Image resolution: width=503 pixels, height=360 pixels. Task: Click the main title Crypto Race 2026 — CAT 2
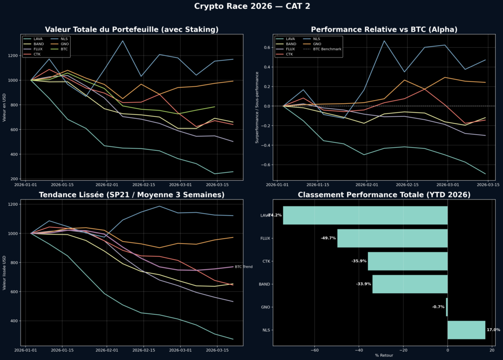[251, 6]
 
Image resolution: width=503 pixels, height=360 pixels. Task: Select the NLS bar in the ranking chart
[466, 330]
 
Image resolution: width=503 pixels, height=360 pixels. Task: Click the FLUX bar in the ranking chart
[392, 238]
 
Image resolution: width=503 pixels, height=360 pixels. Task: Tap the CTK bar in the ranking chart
[408, 261]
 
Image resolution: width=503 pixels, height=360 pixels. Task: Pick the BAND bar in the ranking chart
[410, 284]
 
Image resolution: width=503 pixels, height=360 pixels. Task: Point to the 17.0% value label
[493, 330]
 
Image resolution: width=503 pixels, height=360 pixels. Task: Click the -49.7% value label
[328, 238]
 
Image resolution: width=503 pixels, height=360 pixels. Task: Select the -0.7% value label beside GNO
[438, 307]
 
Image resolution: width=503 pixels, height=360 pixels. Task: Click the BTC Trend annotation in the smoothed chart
[244, 267]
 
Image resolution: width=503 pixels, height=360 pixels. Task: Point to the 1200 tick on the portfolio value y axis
[14, 55]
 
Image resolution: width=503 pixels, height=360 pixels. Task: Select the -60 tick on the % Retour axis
[314, 351]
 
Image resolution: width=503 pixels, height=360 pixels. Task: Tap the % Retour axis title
[384, 356]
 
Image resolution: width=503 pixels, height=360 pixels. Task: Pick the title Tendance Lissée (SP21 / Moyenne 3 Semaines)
[132, 195]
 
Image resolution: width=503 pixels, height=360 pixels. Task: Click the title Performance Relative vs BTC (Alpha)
[384, 29]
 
